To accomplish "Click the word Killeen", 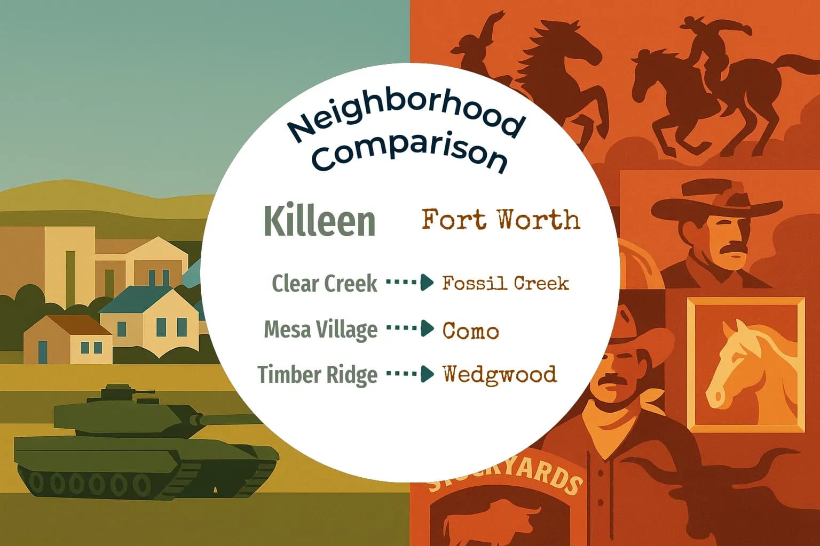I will click(x=319, y=221).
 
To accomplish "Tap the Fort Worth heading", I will click(x=500, y=220).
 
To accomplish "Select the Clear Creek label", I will click(x=325, y=283).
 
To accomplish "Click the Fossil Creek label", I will click(x=505, y=283).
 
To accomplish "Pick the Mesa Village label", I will click(x=320, y=329).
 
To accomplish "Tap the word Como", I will click(x=470, y=331).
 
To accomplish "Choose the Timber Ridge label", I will click(x=317, y=374).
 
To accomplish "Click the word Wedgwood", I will click(x=500, y=374).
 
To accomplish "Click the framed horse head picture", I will click(x=745, y=364).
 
